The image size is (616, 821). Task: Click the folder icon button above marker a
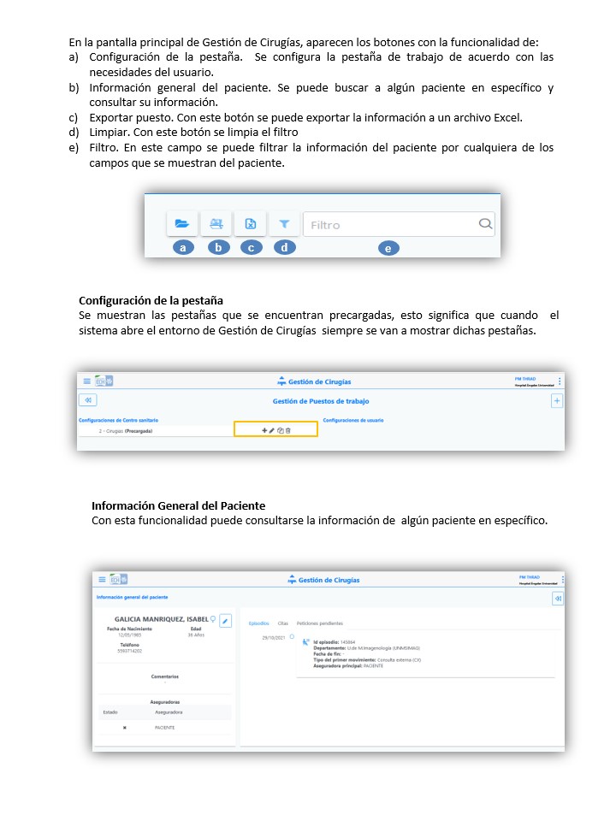(181, 224)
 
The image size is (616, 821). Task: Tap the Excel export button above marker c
(250, 224)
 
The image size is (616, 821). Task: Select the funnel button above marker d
(284, 224)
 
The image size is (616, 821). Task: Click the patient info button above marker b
(216, 224)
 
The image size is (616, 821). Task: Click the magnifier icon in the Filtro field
(485, 224)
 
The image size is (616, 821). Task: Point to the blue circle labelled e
(388, 248)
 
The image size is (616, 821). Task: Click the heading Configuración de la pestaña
(151, 300)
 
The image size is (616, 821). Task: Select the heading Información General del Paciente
(178, 505)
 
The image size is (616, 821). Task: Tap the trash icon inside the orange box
(288, 430)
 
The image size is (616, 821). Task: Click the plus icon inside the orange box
(264, 430)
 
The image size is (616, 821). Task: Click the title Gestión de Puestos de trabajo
(321, 400)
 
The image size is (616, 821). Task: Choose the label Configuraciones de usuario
(353, 420)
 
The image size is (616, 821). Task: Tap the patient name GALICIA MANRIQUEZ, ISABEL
(161, 619)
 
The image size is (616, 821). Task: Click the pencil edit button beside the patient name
(225, 620)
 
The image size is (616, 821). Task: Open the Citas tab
(282, 623)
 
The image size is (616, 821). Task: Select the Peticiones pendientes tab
(319, 623)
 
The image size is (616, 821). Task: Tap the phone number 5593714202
(130, 651)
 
